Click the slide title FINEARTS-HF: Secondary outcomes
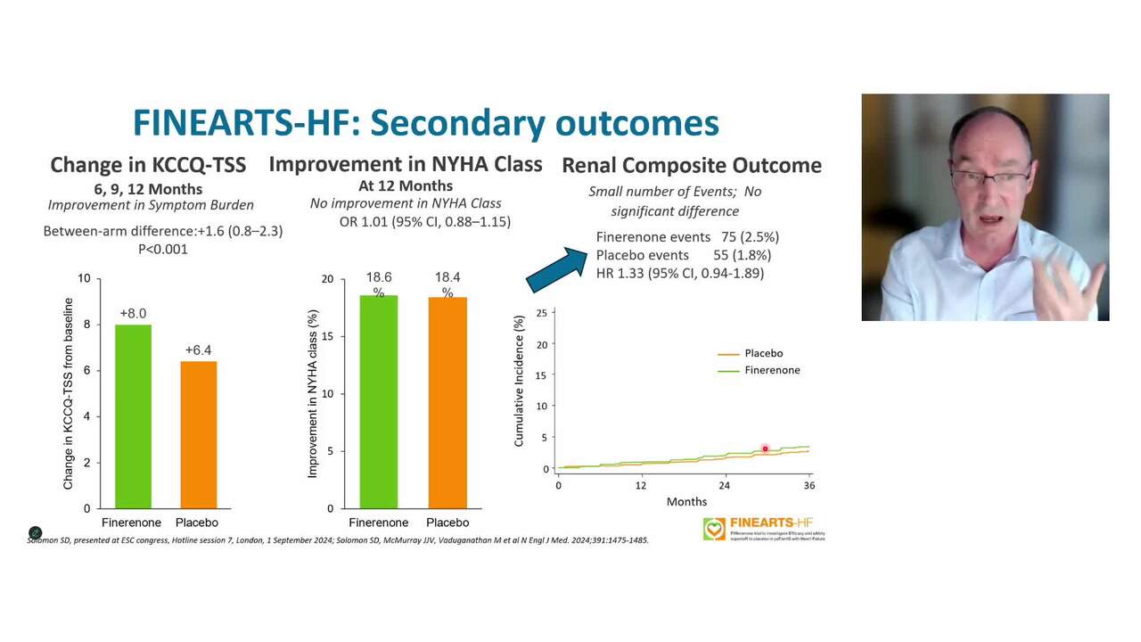(x=425, y=123)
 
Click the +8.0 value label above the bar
(x=133, y=314)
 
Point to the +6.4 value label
(x=198, y=350)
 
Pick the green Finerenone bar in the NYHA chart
(x=378, y=401)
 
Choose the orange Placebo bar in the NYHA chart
(x=447, y=402)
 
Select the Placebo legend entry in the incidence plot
(x=763, y=353)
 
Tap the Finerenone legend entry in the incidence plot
(x=772, y=370)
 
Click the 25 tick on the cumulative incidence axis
(x=541, y=314)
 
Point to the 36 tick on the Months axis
(x=809, y=485)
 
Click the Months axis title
(x=686, y=502)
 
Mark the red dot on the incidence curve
(x=765, y=449)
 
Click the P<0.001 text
(x=162, y=250)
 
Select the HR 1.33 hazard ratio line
(x=679, y=273)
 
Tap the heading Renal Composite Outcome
(x=691, y=165)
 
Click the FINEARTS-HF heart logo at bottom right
(x=714, y=529)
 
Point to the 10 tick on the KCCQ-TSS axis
(x=84, y=278)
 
